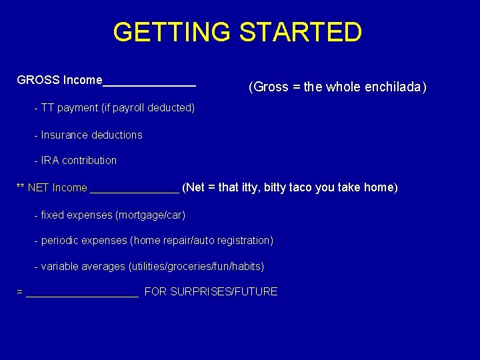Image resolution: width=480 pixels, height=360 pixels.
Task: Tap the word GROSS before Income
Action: click(x=39, y=80)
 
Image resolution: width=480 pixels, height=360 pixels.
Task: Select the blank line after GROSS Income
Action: click(x=149, y=84)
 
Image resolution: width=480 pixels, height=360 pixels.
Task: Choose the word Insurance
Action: click(x=65, y=135)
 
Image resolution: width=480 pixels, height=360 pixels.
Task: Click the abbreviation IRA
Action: click(x=50, y=161)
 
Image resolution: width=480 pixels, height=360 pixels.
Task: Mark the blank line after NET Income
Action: click(x=134, y=191)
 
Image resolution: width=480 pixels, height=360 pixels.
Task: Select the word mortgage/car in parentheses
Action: click(x=150, y=215)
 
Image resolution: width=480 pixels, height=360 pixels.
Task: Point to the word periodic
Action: click(x=63, y=240)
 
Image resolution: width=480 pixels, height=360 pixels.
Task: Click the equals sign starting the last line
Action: click(x=19, y=292)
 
